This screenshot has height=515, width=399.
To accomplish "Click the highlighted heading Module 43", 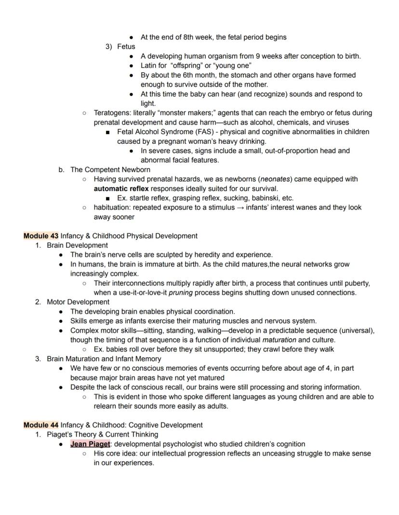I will pos(41,236).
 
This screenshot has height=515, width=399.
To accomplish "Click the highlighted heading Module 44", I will pos(41,425).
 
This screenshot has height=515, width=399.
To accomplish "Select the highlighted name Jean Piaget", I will pos(90,444).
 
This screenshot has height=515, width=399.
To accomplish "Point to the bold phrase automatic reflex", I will pos(121,188).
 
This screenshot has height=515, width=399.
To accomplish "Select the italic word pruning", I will pos(182,292).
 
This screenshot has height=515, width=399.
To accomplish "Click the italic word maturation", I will pos(279,340).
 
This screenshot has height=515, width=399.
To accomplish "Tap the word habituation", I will pos(112,208).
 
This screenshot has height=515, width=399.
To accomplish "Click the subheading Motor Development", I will pos(78,302).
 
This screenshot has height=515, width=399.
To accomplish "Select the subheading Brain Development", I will pos(77,245).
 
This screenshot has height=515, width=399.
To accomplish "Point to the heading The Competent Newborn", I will pos(110,170).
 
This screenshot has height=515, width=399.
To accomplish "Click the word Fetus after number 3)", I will pos(126,47).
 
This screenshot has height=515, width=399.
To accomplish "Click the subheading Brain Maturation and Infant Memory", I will pos(104,359).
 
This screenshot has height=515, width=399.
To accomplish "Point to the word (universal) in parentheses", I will pos(357,330).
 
